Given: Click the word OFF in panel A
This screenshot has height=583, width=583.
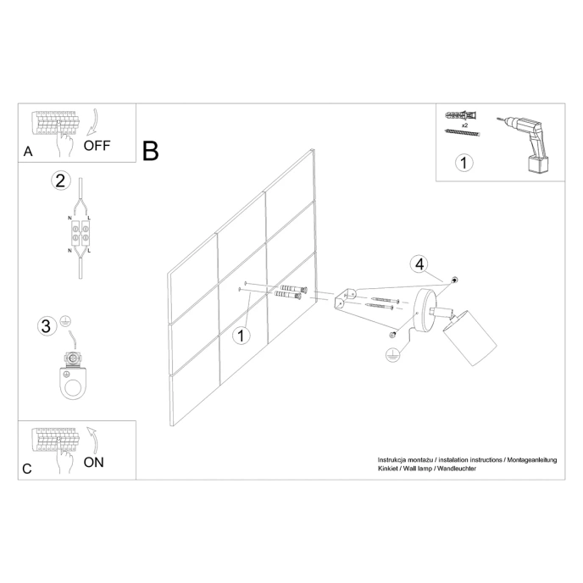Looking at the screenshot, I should point(97,145).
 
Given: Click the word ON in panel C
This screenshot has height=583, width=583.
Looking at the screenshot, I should point(94,462).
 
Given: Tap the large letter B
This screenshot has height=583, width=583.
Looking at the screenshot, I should point(151,151).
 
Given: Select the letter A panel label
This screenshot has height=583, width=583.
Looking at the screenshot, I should point(28,152).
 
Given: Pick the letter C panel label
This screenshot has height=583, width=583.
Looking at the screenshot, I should point(27,469).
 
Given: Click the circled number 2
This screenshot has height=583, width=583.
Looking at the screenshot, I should point(59,180).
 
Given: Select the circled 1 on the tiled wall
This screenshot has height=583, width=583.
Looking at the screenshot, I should point(242,336).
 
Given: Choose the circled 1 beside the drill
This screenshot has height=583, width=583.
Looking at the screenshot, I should point(463,163).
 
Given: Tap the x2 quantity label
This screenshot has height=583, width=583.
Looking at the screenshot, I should point(463,123).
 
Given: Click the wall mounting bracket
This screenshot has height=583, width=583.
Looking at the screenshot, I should point(346,299).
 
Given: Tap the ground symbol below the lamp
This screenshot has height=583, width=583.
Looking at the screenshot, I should point(391,356).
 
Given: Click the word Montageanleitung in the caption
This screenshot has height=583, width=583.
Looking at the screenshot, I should point(531,458).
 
